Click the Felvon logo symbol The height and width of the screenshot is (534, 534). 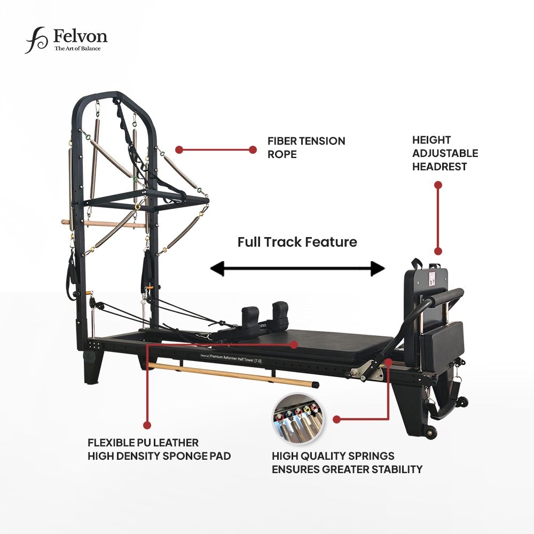click(37, 41)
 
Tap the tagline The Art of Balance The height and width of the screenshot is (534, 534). click(77, 49)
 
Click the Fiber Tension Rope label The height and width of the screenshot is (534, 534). click(306, 147)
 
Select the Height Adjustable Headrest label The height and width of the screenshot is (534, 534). click(445, 153)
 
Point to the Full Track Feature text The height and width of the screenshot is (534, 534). click(297, 242)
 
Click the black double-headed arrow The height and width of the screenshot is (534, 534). click(297, 269)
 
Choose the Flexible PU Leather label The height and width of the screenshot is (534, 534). click(159, 449)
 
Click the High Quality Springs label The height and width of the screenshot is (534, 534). click(347, 462)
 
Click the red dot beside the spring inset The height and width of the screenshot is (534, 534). click(336, 420)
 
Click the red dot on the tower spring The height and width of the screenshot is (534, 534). click(179, 150)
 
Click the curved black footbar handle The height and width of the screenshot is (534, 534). click(422, 310)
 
